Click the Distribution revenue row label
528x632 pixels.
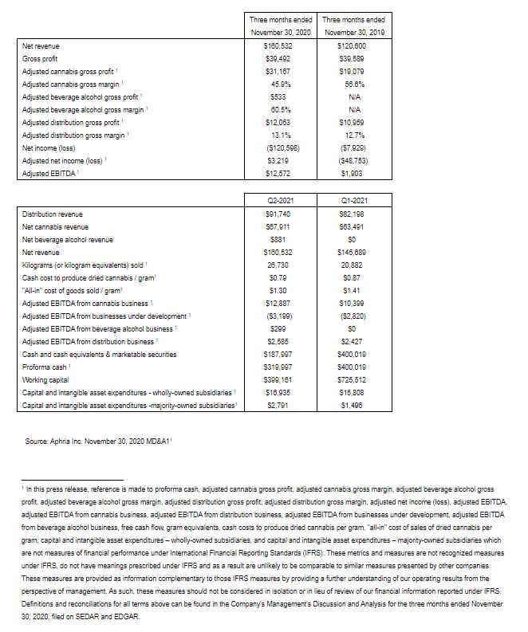pos(53,214)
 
